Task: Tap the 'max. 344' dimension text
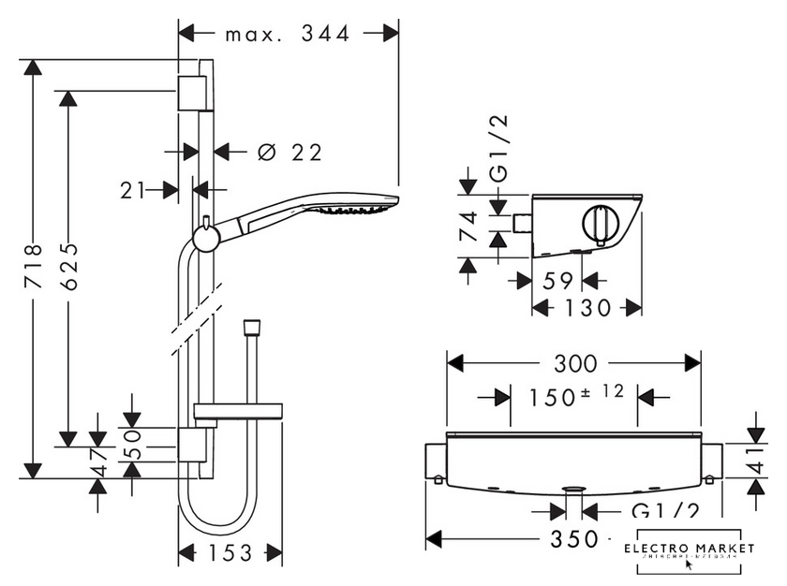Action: point(288,34)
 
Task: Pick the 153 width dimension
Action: point(230,552)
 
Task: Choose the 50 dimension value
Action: point(132,440)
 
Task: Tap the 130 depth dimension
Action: point(587,307)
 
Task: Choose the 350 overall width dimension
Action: point(574,539)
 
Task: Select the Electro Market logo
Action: point(690,553)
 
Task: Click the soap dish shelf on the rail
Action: point(238,409)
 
